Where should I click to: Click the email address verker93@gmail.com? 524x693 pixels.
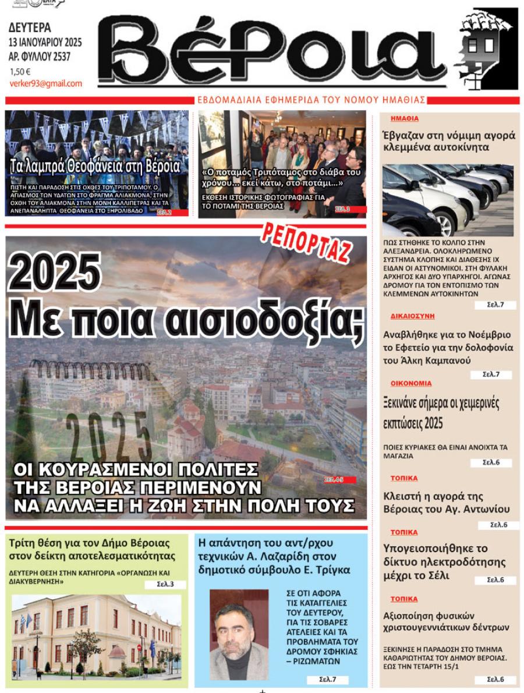(45, 83)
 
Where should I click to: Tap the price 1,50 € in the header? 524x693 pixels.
(20, 72)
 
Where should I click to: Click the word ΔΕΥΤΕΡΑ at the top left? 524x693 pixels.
(30, 27)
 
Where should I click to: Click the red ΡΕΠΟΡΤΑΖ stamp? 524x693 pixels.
(307, 241)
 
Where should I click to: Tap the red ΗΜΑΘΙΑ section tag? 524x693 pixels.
(404, 118)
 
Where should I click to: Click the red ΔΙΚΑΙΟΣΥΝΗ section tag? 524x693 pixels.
(412, 316)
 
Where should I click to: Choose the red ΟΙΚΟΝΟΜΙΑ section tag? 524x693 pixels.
(410, 383)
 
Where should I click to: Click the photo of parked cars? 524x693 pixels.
(447, 200)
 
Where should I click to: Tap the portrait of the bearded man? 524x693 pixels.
(239, 634)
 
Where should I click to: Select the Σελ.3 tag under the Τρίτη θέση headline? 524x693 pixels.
(165, 584)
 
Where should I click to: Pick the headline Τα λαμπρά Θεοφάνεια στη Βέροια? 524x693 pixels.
(95, 167)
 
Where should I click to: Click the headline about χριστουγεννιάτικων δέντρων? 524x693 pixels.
(446, 621)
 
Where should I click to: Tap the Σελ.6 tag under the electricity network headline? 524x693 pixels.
(495, 580)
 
